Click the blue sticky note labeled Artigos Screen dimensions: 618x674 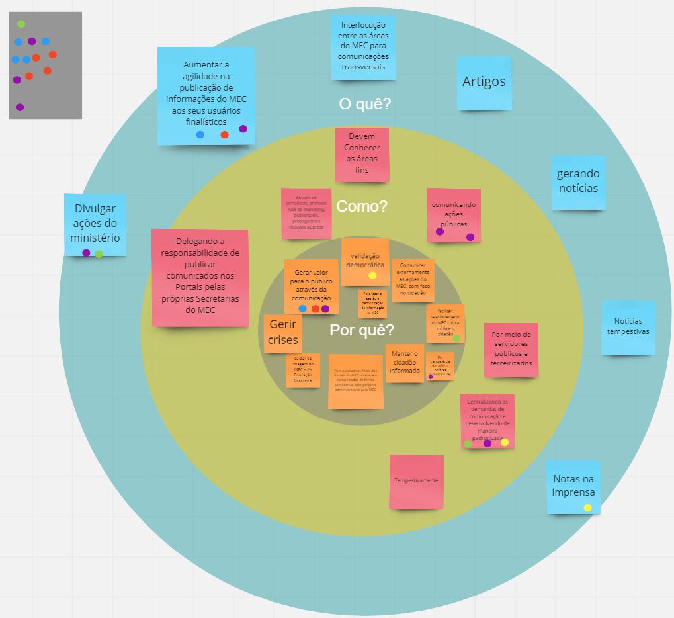point(484,83)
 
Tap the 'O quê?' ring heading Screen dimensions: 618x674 point(364,104)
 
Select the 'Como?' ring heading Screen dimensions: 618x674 point(362,206)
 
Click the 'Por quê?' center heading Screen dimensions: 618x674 point(362,330)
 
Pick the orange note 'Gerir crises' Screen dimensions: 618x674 point(283,333)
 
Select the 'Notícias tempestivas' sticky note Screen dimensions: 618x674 point(628,328)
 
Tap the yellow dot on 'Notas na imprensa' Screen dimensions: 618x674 point(587,508)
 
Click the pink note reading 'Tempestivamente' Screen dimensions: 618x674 point(416,481)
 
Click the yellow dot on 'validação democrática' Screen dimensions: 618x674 point(372,275)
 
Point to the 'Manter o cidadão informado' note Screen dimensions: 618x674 point(405,363)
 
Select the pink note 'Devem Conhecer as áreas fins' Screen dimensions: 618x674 point(362,154)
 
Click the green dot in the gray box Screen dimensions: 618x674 point(21,24)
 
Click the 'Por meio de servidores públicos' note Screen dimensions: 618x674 point(511,350)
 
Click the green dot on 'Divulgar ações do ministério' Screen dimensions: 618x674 point(99,254)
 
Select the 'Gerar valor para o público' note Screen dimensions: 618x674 point(311,285)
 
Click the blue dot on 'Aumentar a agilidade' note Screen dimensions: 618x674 point(200,135)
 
